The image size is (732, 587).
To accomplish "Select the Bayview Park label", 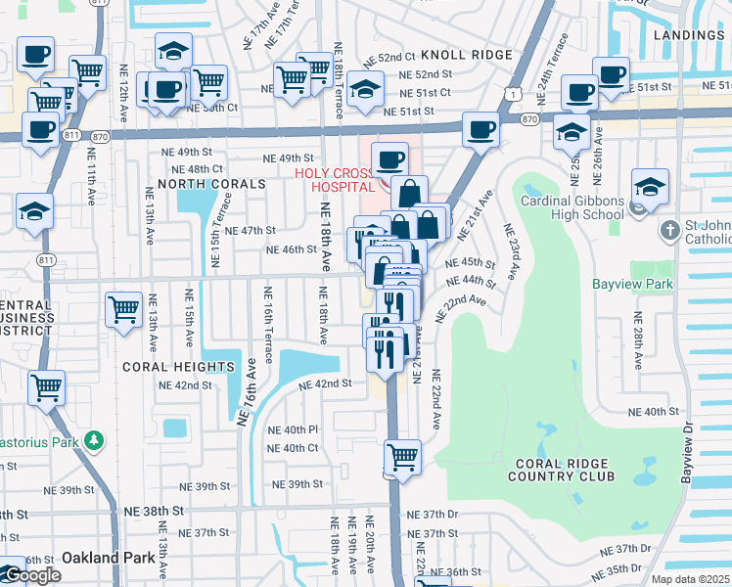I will point(632,285).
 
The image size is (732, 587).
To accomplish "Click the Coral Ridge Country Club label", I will point(561,469).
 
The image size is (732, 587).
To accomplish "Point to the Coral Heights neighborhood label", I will point(178,367).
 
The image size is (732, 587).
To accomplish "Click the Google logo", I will point(31,575).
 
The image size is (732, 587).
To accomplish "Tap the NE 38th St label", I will point(154,511).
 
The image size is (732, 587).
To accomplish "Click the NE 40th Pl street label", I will point(294,429).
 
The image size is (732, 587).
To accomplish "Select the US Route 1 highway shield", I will point(512,91).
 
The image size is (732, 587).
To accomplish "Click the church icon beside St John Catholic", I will point(669,231).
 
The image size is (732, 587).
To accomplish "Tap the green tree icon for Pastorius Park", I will point(94,441).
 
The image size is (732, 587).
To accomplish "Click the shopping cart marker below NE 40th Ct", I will point(402,457).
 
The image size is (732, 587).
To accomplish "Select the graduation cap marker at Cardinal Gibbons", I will point(650,187).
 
